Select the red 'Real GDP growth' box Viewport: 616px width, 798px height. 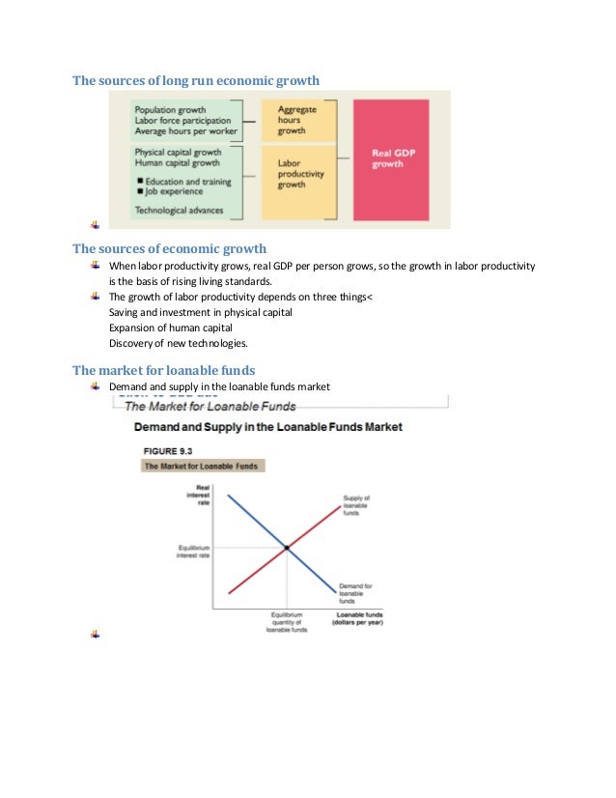pos(390,158)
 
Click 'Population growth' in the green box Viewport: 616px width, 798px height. pos(171,109)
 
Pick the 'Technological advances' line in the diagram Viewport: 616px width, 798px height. pos(179,210)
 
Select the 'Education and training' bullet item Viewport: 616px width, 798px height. pos(185,182)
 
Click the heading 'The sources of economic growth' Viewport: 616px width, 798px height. pos(169,248)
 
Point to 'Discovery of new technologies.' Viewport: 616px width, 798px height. pos(179,343)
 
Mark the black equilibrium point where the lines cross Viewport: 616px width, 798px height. pos(287,548)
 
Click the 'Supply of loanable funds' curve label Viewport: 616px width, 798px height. pos(355,505)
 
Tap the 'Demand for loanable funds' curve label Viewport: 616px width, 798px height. pos(355,592)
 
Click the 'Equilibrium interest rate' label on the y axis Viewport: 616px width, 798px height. pos(197,551)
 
